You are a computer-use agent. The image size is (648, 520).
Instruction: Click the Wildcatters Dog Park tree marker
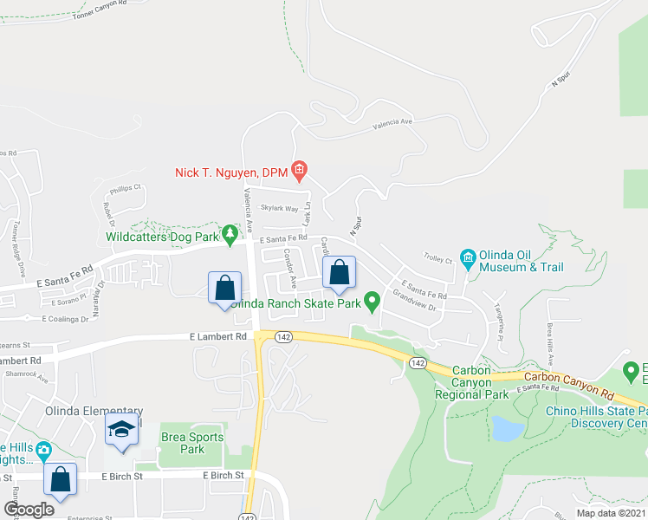click(x=230, y=234)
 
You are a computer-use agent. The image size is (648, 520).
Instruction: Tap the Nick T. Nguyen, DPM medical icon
click(x=299, y=169)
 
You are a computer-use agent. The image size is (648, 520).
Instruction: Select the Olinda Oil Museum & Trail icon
click(x=469, y=257)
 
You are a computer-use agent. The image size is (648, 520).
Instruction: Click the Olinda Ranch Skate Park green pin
click(x=373, y=302)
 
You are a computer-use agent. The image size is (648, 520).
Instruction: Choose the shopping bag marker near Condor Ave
click(x=339, y=272)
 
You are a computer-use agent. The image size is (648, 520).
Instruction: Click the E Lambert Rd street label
click(x=214, y=336)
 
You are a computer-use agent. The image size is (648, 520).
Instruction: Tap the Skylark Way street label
click(x=280, y=209)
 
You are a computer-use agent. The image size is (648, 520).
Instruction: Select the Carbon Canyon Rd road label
click(x=564, y=378)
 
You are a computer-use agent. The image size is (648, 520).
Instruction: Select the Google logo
click(x=29, y=510)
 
